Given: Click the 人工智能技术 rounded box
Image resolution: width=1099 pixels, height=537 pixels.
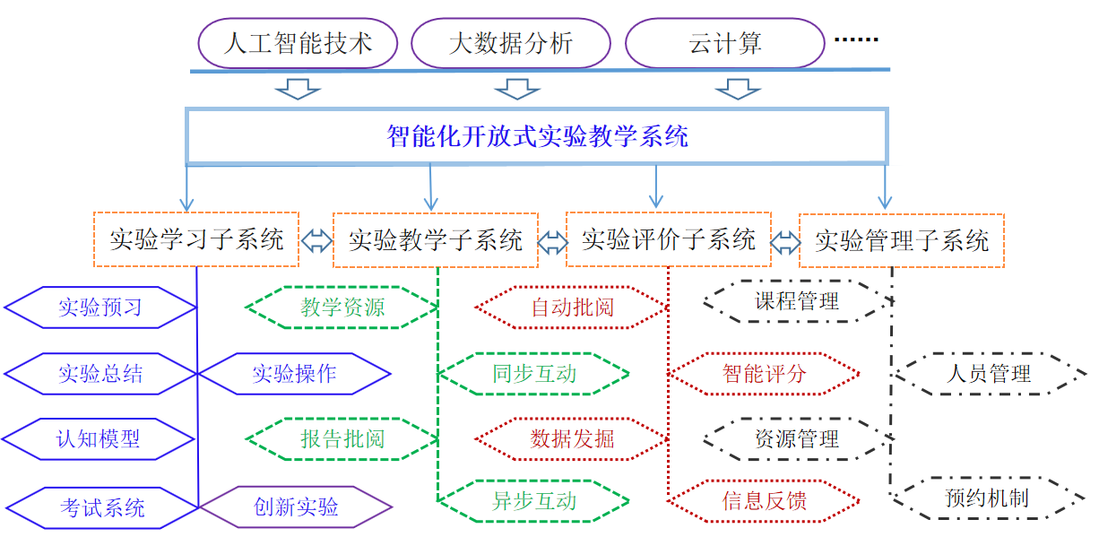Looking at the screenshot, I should tap(297, 43).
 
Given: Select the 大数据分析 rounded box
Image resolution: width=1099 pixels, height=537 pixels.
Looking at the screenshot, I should tap(510, 43).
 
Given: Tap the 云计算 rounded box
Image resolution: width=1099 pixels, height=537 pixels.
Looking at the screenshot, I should tap(724, 43).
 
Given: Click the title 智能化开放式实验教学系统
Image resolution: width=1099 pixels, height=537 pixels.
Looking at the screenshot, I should tap(537, 136).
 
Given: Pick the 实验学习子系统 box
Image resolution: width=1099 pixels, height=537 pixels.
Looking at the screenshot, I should tap(196, 239).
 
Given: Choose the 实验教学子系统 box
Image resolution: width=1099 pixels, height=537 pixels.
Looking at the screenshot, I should tap(436, 240).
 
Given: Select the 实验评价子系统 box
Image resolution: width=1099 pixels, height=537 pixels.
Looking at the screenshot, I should tap(669, 239).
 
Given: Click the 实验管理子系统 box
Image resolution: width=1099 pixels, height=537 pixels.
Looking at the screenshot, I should tap(902, 240).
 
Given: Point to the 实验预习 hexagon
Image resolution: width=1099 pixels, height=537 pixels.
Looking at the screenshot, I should tap(100, 307).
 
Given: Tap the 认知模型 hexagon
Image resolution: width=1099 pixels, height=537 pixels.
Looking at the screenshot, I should tap(99, 439).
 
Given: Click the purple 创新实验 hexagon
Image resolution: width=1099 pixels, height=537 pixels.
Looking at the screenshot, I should tap(296, 507).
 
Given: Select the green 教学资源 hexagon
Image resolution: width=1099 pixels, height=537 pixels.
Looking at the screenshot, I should tap(342, 307).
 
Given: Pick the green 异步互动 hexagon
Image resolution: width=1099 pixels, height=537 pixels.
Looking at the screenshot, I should tap(533, 501).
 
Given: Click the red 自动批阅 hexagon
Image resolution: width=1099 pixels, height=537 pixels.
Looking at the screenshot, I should tap(572, 307).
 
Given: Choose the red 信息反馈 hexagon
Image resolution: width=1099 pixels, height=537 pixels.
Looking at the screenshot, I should tap(764, 500).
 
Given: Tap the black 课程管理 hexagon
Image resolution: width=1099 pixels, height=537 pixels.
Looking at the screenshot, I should tap(797, 301).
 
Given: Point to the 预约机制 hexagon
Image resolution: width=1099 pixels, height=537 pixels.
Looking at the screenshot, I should tap(987, 498).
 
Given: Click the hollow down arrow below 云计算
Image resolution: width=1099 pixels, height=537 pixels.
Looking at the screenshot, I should tap(738, 88).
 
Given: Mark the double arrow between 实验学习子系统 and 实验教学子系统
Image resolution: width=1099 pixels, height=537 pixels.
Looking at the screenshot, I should tap(316, 240).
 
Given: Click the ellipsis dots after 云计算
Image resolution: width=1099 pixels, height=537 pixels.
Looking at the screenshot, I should tap(856, 39).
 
